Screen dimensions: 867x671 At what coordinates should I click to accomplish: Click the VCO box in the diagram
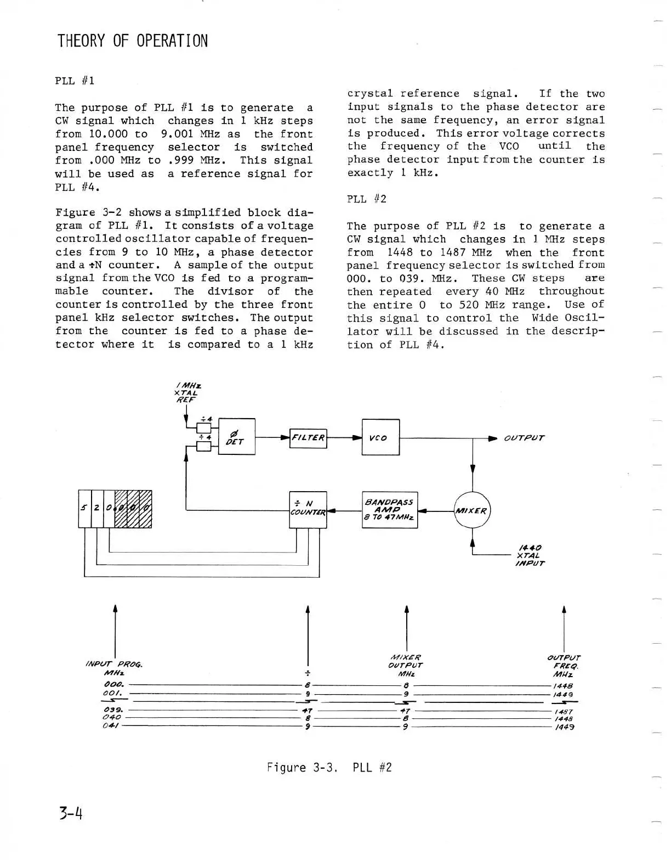(380, 437)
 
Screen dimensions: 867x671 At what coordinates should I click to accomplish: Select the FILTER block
(308, 438)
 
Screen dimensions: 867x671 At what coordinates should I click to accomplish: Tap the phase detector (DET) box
(237, 437)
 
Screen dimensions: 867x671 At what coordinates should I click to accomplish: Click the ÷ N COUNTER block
(308, 510)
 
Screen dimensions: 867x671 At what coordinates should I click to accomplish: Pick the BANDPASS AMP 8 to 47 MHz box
(390, 510)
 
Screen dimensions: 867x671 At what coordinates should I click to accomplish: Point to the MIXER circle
(472, 510)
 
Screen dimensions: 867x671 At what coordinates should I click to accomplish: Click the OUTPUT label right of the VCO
(524, 438)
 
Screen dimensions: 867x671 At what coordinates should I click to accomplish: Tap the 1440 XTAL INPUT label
(530, 555)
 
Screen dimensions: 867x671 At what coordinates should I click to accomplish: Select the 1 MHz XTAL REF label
(186, 393)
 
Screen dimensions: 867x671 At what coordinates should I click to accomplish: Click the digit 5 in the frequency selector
(84, 508)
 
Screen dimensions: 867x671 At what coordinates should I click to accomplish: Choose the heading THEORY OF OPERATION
(133, 41)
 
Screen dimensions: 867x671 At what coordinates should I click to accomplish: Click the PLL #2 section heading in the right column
(367, 199)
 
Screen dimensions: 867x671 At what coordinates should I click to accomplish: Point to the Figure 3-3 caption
(329, 767)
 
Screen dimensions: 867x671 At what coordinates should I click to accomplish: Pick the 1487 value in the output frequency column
(564, 711)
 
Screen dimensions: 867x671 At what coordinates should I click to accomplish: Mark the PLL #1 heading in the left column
(75, 81)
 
